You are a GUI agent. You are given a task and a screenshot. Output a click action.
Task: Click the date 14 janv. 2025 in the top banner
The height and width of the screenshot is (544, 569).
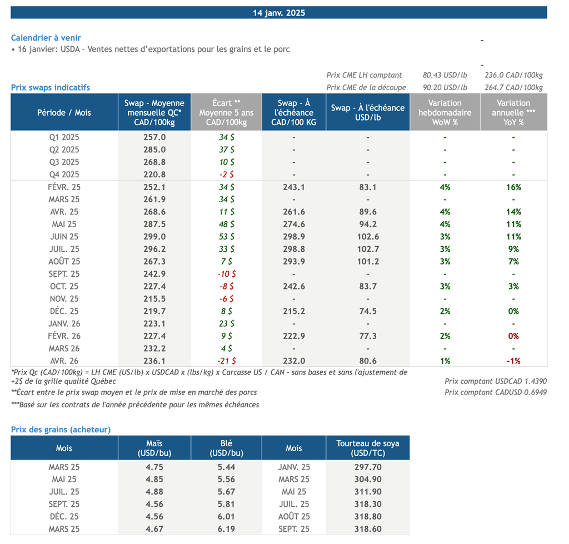tap(279, 13)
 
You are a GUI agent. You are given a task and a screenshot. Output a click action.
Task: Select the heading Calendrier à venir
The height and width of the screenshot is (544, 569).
tap(46, 38)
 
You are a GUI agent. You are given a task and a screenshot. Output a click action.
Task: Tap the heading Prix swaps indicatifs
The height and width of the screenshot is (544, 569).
tap(51, 87)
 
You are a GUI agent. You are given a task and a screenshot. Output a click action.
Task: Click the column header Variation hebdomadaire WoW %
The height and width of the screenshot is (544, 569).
tap(445, 112)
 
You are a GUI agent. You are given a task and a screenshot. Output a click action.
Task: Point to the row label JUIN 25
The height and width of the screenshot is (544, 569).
tap(64, 237)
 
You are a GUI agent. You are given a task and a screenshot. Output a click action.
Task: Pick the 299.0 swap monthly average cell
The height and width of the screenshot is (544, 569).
tap(154, 237)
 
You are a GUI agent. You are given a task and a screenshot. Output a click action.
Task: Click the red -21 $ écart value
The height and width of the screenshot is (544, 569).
tap(227, 361)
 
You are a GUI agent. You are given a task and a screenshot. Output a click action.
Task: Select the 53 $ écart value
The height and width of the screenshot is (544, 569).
tap(227, 237)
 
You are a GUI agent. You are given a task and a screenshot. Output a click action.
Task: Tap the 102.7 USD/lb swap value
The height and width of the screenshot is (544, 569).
tap(368, 249)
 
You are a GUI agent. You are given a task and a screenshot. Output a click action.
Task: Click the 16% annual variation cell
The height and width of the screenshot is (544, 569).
tap(513, 187)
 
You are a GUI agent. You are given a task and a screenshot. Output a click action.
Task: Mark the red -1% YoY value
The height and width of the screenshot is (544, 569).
tap(513, 361)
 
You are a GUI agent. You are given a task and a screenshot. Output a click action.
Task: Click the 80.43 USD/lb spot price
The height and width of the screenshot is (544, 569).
tap(445, 75)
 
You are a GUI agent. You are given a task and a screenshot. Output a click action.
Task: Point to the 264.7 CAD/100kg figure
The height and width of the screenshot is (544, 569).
tap(513, 87)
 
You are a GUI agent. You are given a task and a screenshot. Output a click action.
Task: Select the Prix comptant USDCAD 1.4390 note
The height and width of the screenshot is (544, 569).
tap(496, 381)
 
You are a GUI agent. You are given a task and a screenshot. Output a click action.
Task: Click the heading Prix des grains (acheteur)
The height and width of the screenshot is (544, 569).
tap(61, 430)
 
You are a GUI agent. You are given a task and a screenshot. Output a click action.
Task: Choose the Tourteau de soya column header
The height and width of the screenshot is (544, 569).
tap(368, 448)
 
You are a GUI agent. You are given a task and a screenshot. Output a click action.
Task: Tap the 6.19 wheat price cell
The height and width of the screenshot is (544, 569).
tap(227, 529)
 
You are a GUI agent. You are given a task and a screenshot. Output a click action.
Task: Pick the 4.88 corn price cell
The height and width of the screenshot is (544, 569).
tap(154, 492)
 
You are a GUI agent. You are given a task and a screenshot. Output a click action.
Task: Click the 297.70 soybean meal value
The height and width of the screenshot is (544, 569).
tap(368, 467)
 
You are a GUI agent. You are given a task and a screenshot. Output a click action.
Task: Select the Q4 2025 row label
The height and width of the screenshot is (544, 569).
tap(64, 174)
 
